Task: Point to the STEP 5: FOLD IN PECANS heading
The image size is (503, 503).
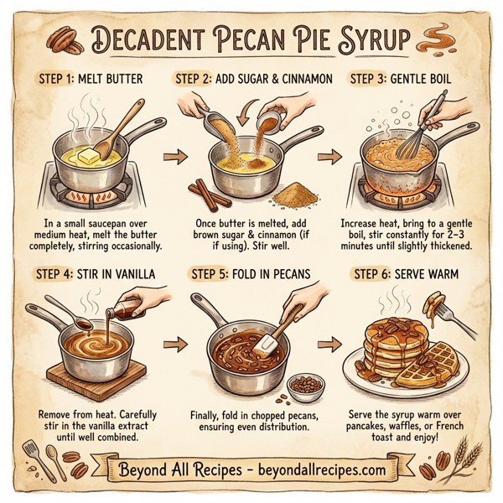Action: (x=251, y=273)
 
